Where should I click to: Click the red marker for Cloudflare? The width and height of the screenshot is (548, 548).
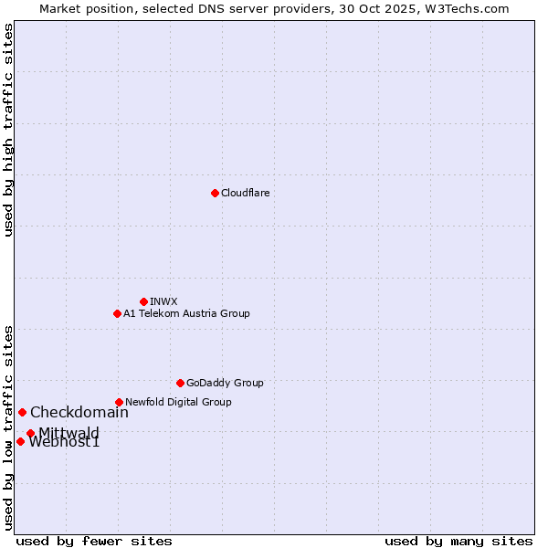click(x=215, y=193)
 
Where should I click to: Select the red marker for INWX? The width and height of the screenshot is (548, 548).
click(x=143, y=301)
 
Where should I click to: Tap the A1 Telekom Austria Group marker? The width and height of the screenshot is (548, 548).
click(x=117, y=313)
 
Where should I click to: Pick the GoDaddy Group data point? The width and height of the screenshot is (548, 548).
click(x=180, y=383)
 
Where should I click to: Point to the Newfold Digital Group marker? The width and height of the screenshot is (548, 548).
click(x=119, y=402)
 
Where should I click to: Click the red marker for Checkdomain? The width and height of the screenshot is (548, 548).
click(x=22, y=412)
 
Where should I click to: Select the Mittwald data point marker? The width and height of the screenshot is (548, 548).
click(x=30, y=433)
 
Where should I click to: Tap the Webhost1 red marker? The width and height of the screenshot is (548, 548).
click(x=20, y=441)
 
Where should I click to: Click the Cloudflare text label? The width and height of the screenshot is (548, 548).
click(x=245, y=193)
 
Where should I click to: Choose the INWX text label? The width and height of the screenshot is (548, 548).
click(x=163, y=301)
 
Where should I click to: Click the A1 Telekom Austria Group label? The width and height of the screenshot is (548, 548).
click(x=186, y=313)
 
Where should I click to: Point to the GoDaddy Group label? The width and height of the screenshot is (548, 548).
click(x=225, y=383)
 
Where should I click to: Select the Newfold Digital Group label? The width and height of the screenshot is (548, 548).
click(x=178, y=402)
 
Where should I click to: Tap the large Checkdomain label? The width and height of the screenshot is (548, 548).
click(x=79, y=412)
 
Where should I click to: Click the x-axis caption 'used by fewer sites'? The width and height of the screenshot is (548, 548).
click(x=94, y=541)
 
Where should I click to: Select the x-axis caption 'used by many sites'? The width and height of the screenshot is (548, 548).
click(x=458, y=541)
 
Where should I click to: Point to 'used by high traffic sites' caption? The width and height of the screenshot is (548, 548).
click(x=9, y=130)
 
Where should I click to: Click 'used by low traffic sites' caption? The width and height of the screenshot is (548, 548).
click(x=9, y=427)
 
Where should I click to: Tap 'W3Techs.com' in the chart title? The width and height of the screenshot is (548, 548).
click(x=471, y=8)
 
